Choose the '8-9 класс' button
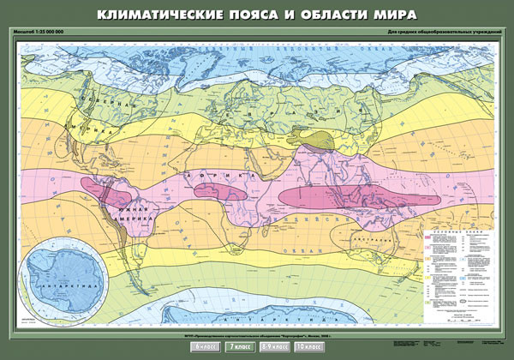[276, 346]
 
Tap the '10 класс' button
[311, 346]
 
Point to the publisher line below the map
[257, 334]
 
